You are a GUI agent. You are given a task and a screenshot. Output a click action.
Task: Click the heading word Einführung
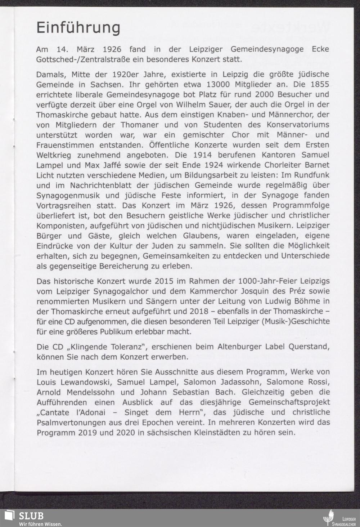point(78,28)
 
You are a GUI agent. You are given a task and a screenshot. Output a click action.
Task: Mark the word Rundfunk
point(310,175)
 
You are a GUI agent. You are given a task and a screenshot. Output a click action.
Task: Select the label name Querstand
point(308,347)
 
